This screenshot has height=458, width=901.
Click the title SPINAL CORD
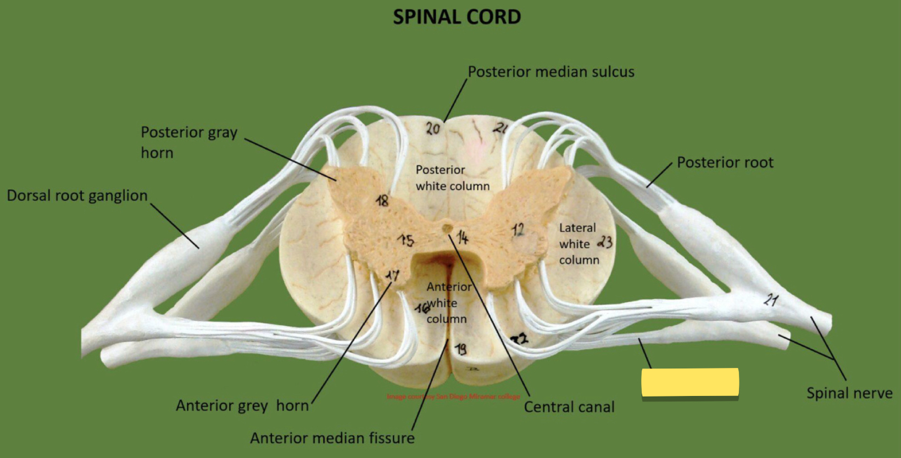pos(457,17)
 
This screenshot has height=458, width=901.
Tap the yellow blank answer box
pos(689,382)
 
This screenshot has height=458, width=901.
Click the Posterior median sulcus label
pos(550,72)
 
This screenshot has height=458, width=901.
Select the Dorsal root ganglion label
pos(77,196)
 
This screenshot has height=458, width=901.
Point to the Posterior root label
pos(725,163)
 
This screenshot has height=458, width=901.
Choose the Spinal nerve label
pos(849,393)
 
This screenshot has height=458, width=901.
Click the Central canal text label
pos(569,407)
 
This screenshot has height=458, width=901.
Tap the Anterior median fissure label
pos(332,438)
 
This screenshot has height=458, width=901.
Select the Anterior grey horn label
pos(242,406)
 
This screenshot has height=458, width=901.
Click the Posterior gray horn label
pos(188,142)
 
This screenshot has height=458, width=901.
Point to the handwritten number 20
pos(433,129)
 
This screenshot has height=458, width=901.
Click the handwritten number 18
pos(382,200)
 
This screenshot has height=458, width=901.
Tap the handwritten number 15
pos(406,240)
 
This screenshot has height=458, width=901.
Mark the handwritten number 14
pos(463,237)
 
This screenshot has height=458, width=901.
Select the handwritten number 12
pos(518,230)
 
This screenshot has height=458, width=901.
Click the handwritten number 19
pos(461,349)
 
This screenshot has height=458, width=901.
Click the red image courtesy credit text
pos(453,396)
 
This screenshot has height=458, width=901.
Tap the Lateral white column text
pos(578,244)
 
